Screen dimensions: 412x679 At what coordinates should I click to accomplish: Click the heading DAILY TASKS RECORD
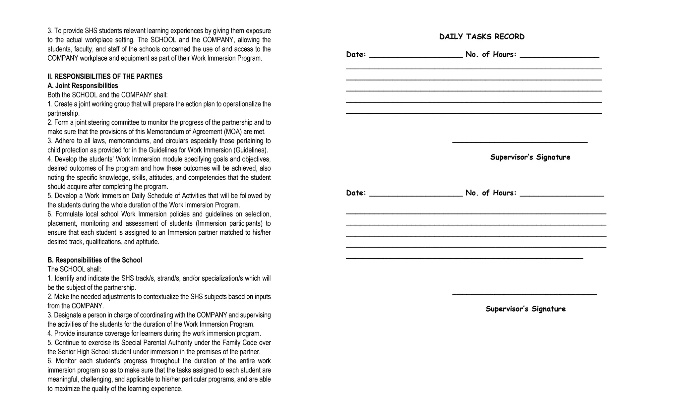[482, 37]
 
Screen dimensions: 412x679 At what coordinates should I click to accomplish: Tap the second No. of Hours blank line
[562, 196]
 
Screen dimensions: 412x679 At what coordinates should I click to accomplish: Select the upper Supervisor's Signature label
[530, 157]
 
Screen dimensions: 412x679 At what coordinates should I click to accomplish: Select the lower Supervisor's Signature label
[525, 309]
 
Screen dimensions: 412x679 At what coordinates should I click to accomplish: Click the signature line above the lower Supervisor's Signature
[524, 294]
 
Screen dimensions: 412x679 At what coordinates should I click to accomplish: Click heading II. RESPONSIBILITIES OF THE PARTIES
[105, 77]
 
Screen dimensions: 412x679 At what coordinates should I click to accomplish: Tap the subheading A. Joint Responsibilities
[83, 86]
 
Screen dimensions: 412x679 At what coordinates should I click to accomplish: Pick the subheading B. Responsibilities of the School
[94, 260]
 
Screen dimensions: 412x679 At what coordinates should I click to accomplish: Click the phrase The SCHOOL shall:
[74, 269]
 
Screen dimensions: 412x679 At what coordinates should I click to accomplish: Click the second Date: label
[356, 193]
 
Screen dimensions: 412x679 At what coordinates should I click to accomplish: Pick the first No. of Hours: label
[491, 54]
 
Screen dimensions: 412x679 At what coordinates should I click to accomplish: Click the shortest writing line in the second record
[464, 258]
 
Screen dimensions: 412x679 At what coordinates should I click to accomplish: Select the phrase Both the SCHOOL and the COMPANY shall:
[107, 95]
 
